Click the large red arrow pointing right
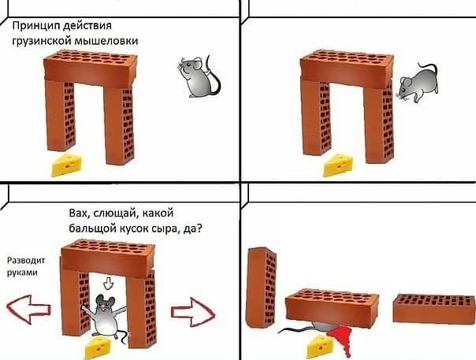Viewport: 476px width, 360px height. click(193, 308)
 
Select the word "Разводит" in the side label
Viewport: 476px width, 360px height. click(27, 258)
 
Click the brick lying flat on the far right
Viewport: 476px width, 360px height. click(431, 308)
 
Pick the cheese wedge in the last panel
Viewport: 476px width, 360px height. click(321, 343)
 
